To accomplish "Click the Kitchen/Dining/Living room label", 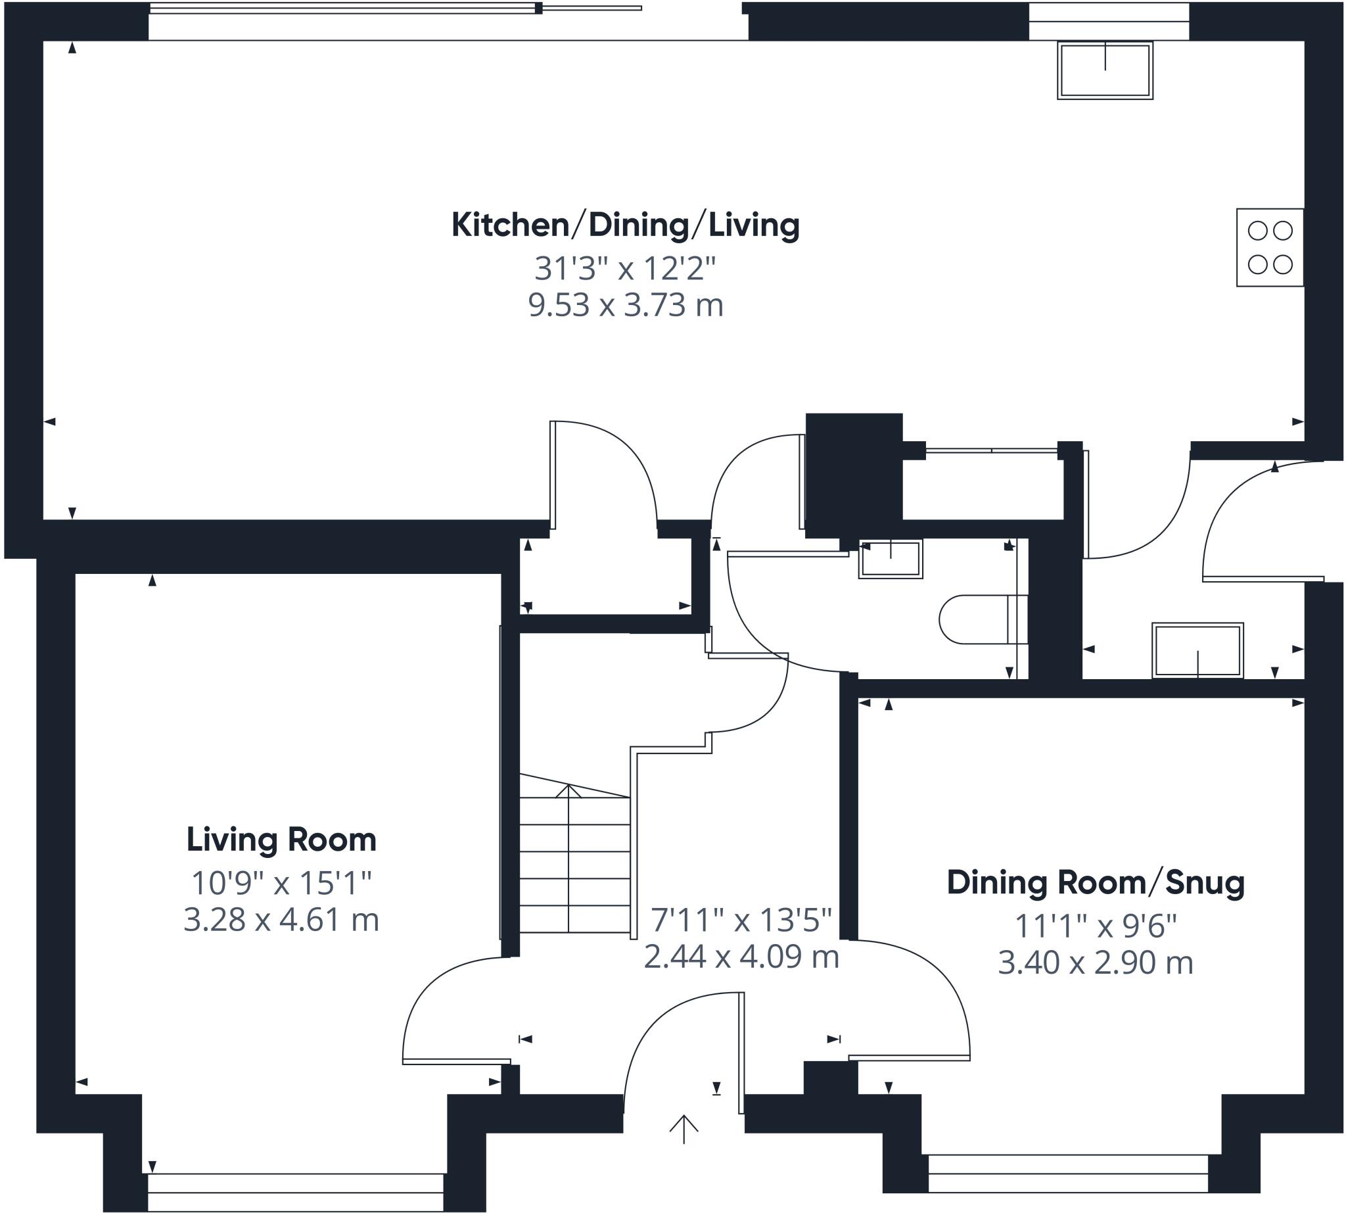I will click(625, 226).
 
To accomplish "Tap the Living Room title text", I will click(281, 840).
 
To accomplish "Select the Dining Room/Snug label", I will click(1096, 882).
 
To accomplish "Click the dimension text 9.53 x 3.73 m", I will click(625, 305).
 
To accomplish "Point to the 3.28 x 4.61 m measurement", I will click(281, 920).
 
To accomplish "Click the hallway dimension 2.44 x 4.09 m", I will click(741, 957).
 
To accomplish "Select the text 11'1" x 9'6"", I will click(1096, 926).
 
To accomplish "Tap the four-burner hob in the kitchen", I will click(1269, 247).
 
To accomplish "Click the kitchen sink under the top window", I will click(1105, 70).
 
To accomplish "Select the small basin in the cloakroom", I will click(891, 559).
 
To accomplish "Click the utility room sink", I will click(1197, 650).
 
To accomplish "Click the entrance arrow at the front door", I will click(684, 1129).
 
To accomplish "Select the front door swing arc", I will click(666, 1020).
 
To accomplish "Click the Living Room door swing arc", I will click(440, 993).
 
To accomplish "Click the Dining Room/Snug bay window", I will click(1067, 1183).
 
